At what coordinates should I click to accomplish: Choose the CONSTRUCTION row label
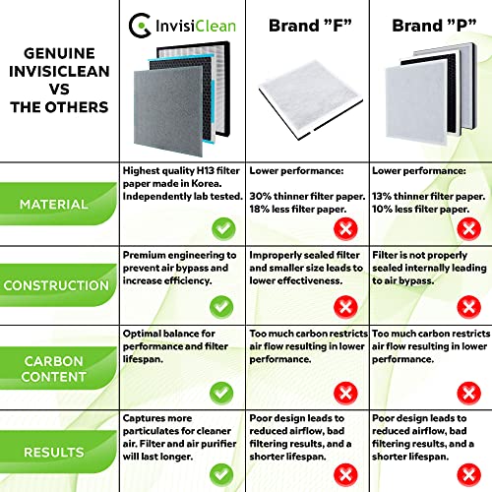pyautogui.click(x=57, y=285)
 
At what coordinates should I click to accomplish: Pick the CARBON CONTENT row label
pyautogui.click(x=57, y=367)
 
